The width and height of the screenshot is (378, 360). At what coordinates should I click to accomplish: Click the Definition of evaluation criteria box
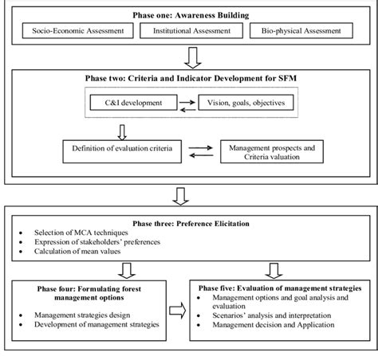click(126, 149)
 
